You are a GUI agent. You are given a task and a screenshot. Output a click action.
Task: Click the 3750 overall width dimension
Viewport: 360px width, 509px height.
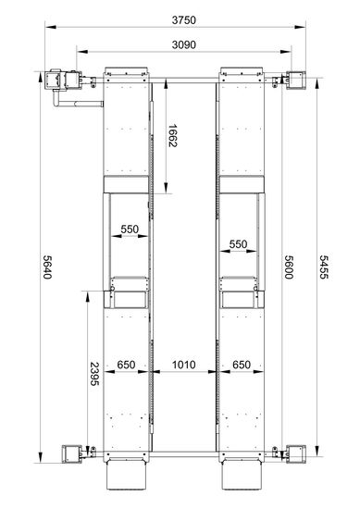[184, 20]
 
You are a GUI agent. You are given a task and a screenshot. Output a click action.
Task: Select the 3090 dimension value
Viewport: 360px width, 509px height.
[184, 44]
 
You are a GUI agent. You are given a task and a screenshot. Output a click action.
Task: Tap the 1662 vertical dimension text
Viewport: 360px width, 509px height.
[172, 136]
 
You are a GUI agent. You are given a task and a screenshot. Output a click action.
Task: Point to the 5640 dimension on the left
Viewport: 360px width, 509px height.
[47, 267]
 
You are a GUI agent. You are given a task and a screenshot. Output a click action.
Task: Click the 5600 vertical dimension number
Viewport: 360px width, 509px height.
[289, 267]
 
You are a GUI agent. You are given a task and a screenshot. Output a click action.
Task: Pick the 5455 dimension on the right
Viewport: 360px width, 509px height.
[324, 267]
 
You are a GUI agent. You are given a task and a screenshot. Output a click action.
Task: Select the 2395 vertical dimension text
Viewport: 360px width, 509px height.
[94, 374]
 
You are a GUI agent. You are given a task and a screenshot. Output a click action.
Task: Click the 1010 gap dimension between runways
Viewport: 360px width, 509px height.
[184, 365]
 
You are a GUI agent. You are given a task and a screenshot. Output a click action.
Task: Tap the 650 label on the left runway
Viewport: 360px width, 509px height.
[126, 365]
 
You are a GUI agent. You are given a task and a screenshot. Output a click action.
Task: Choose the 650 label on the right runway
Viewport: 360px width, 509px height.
[242, 365]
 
